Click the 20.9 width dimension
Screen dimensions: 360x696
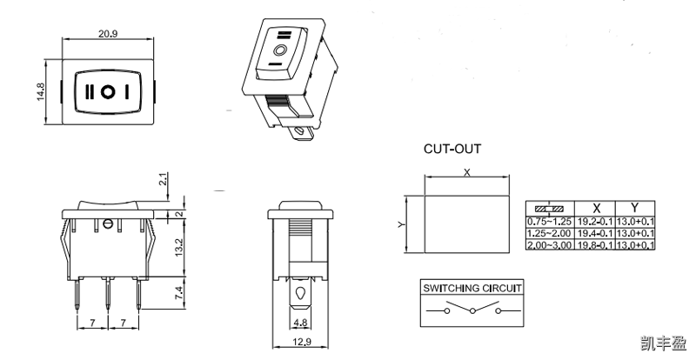point(108,32)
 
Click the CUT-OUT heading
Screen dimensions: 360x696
point(452,149)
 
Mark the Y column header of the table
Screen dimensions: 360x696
point(635,209)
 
